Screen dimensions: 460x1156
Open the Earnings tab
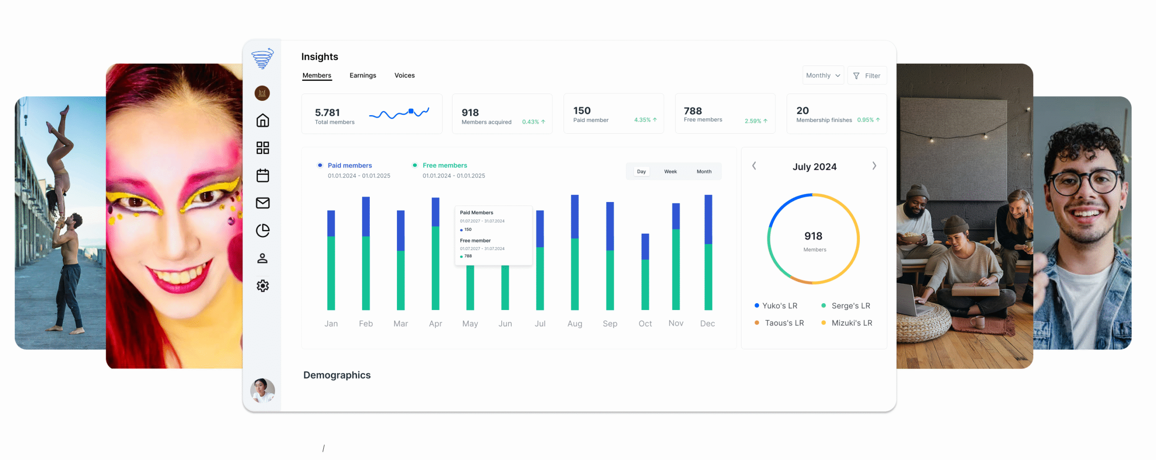click(x=363, y=75)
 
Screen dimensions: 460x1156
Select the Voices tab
click(x=404, y=75)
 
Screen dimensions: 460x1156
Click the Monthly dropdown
click(x=823, y=75)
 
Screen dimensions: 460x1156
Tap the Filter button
click(x=867, y=76)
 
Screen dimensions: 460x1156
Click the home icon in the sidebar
click(x=262, y=121)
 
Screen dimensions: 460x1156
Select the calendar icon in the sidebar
click(x=262, y=175)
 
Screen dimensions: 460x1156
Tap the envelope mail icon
click(x=262, y=203)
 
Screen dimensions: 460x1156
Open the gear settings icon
click(x=262, y=286)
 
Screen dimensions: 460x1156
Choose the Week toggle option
click(x=670, y=172)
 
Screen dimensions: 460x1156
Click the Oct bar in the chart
click(x=645, y=271)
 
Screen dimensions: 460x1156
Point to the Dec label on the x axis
click(x=707, y=324)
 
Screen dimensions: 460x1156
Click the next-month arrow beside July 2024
click(x=874, y=166)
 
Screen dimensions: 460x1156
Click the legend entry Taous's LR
click(x=784, y=323)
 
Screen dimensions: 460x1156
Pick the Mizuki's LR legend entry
click(x=851, y=323)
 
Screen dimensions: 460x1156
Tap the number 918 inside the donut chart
click(x=813, y=236)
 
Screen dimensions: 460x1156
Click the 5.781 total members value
click(x=327, y=113)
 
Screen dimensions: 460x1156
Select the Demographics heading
click(x=337, y=375)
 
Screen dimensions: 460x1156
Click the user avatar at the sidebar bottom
click(x=262, y=390)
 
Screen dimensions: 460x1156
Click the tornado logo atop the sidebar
click(x=262, y=58)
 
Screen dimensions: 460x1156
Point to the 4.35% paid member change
click(x=642, y=120)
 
